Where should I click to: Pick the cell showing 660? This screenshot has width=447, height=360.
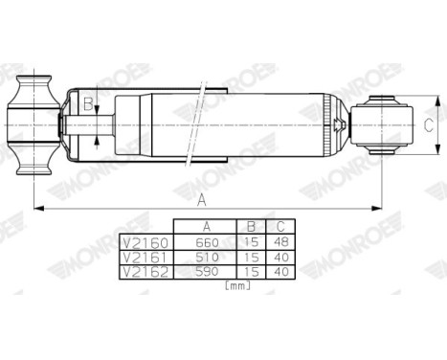point(206,243)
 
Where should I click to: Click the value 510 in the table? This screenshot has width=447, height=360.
point(206,258)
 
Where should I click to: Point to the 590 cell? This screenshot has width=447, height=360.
point(206,272)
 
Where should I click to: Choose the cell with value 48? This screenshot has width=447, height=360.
point(280,243)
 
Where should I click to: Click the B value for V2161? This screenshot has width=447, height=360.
point(251,258)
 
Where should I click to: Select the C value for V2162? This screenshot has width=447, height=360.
point(280,272)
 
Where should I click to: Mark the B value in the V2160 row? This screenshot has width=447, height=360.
point(251,243)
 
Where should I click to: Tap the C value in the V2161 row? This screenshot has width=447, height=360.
point(280,258)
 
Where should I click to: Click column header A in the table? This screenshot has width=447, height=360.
point(207,228)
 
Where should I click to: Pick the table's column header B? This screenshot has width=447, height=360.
point(251,228)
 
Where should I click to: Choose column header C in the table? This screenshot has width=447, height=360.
point(280,228)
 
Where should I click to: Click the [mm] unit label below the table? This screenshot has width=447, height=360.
point(236,286)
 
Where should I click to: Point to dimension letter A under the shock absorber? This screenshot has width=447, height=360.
point(201,198)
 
